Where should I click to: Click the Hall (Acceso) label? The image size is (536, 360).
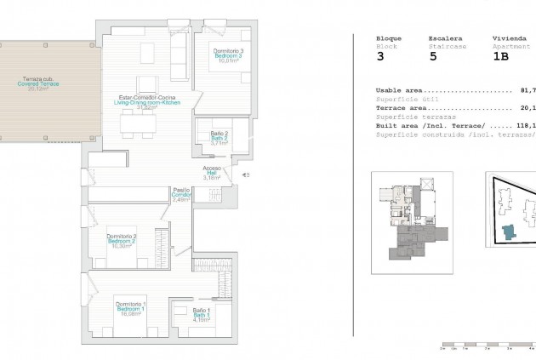click(212, 174)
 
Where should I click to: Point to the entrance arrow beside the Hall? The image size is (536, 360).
click(245, 175)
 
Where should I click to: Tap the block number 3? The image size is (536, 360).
click(380, 57)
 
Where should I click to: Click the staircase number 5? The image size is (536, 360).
click(433, 57)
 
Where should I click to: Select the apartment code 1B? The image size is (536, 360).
click(501, 57)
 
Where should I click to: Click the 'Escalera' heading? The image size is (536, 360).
click(445, 38)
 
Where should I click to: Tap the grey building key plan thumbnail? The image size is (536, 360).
click(412, 218)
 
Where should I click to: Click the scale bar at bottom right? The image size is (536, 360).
click(486, 347)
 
